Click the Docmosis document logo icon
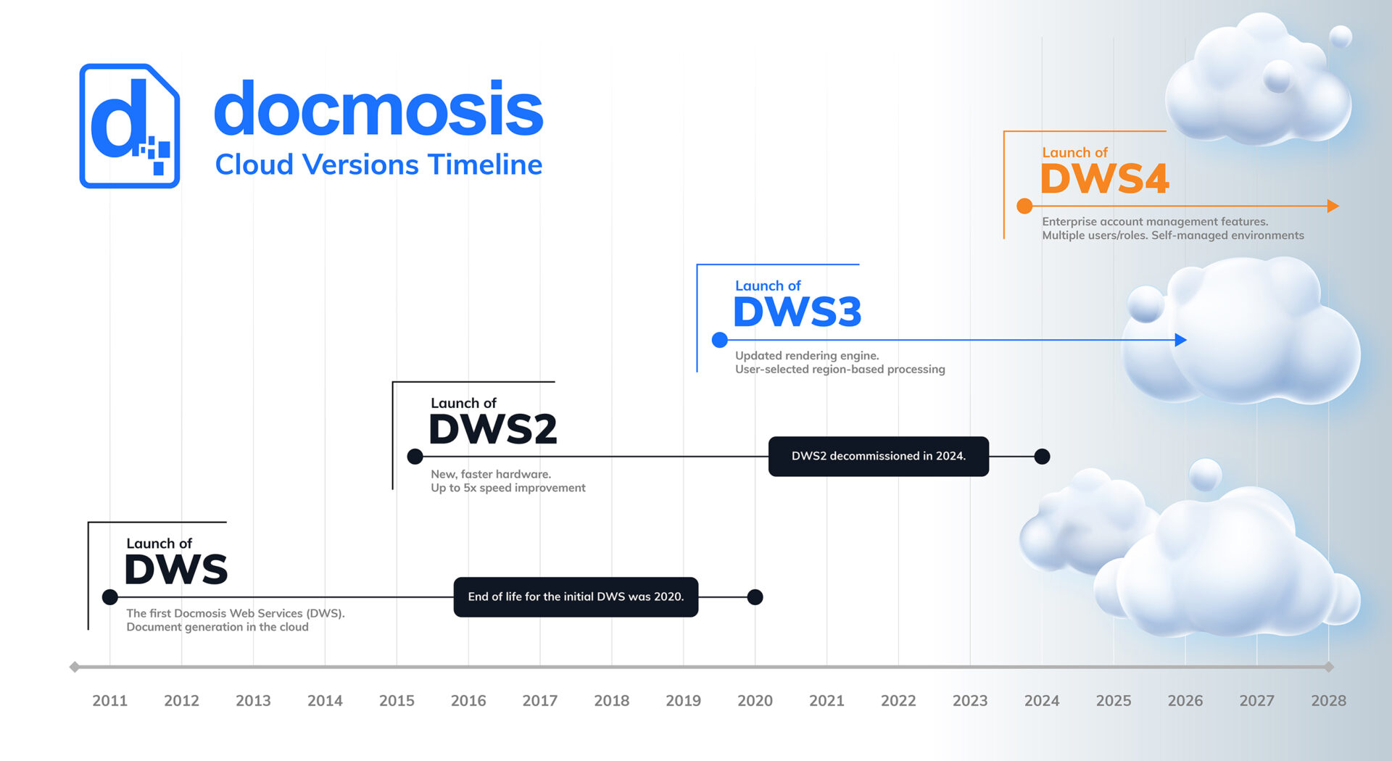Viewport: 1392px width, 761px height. tap(130, 126)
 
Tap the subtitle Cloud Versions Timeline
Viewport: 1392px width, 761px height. tap(378, 165)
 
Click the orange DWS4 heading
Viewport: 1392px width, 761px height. tap(1105, 178)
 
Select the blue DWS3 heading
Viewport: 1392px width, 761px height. tap(797, 312)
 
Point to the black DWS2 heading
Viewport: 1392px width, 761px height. tap(493, 429)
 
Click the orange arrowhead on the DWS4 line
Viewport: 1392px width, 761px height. tap(1333, 206)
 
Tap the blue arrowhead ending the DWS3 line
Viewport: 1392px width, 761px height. tap(1180, 339)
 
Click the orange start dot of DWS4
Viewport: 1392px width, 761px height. tap(1024, 206)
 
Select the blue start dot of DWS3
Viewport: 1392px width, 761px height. tap(720, 340)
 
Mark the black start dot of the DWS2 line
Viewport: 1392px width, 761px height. tap(415, 457)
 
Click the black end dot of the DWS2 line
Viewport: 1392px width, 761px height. tap(1042, 457)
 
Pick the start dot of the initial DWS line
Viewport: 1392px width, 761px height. tap(110, 597)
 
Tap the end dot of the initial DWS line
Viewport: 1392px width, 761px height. tap(755, 597)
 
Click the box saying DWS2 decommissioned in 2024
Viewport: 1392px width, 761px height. tap(879, 457)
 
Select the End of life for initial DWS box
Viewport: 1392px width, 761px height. tap(576, 597)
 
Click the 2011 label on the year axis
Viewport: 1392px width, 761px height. tap(109, 701)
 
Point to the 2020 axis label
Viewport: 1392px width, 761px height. tap(755, 701)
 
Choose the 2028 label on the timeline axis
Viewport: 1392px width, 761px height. tap(1328, 701)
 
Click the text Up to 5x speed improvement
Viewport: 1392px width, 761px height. tap(508, 488)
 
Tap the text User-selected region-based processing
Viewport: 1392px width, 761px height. tap(840, 370)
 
